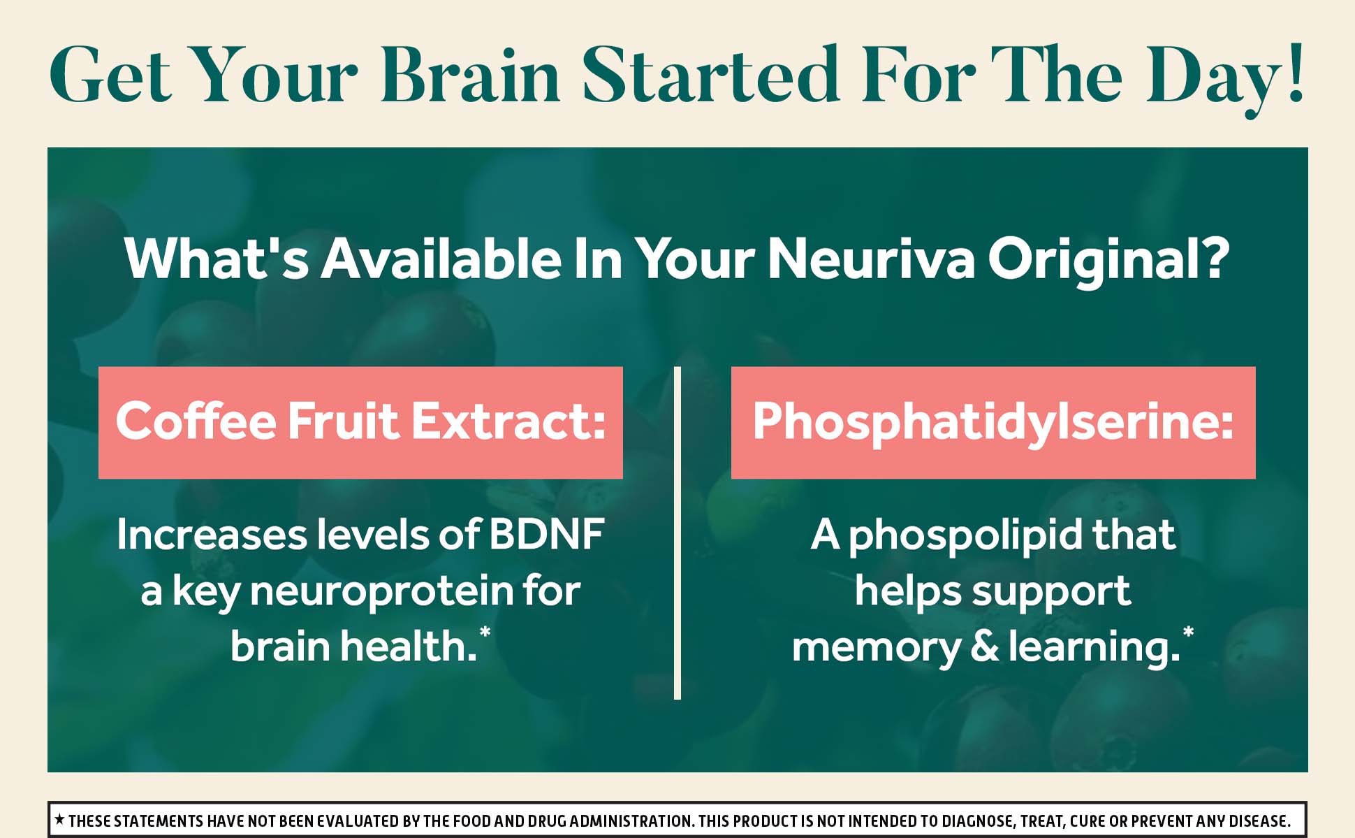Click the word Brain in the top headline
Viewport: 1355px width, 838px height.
[471, 75]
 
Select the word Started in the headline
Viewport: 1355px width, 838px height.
[711, 73]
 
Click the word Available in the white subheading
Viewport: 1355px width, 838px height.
[441, 258]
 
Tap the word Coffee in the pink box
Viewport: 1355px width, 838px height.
[196, 421]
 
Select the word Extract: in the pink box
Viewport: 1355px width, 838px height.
[508, 421]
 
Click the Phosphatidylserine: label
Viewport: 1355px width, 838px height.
[993, 424]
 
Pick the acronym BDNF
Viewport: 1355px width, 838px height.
[546, 535]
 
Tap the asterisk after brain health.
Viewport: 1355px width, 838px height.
[485, 633]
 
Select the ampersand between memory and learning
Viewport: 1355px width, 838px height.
[985, 646]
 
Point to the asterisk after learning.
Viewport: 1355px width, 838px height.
[1188, 633]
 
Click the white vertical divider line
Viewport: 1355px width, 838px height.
[677, 533]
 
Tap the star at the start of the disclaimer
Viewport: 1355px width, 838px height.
[60, 819]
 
